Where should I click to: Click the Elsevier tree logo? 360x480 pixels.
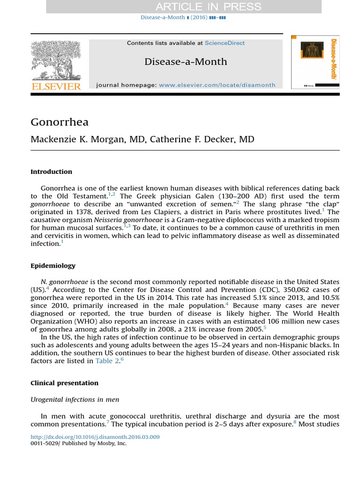click(x=56, y=60)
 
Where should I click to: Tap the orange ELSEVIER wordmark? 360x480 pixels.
click(x=56, y=86)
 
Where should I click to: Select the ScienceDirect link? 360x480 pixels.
click(x=225, y=43)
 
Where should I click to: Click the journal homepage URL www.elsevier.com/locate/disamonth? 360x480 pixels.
click(x=217, y=85)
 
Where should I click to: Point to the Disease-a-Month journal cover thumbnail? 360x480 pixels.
click(x=315, y=62)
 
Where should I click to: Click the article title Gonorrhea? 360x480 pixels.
click(x=60, y=122)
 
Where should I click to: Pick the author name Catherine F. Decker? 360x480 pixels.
click(x=202, y=140)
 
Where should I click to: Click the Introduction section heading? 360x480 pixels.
click(x=52, y=172)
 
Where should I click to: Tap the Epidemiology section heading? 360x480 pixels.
click(x=53, y=266)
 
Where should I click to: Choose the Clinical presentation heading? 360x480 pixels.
click(x=64, y=383)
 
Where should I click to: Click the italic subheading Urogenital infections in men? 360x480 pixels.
click(x=75, y=400)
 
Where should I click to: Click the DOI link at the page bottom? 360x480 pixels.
click(x=95, y=437)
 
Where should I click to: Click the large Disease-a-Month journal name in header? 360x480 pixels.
click(x=186, y=61)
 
